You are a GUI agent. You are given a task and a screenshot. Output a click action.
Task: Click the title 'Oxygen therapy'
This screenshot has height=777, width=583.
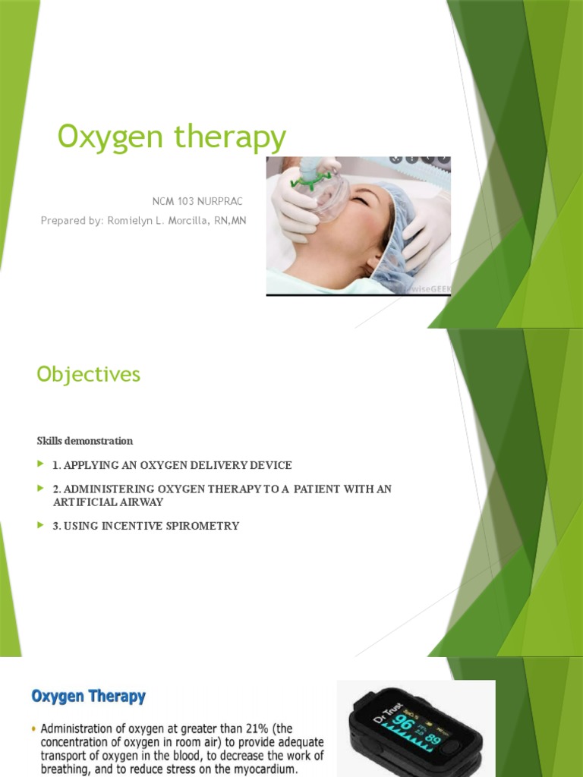tap(172, 138)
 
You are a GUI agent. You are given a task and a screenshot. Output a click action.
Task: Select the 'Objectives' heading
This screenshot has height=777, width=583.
tap(89, 374)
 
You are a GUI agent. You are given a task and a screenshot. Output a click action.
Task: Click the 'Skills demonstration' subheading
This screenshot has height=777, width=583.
tap(85, 441)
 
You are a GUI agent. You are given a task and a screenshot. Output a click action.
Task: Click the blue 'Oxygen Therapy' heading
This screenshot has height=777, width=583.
tap(88, 696)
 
